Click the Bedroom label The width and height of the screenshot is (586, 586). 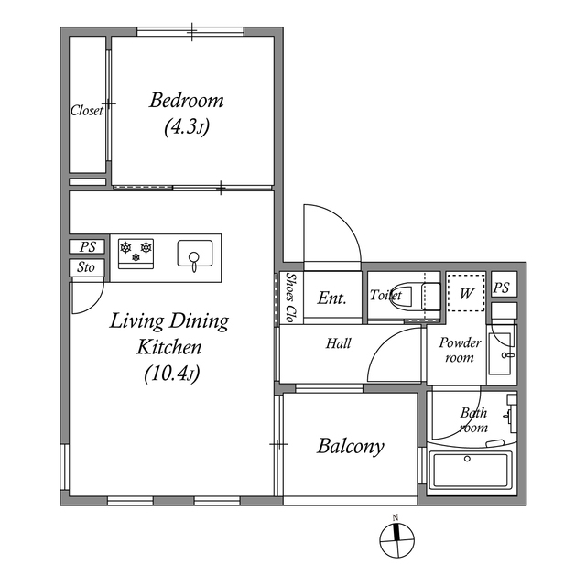(x=187, y=101)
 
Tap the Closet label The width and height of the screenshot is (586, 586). (x=87, y=111)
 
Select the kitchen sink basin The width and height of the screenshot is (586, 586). (x=194, y=253)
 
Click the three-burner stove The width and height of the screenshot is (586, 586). (x=136, y=251)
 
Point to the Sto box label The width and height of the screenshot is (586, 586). (x=87, y=268)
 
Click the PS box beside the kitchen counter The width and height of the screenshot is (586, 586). (x=87, y=246)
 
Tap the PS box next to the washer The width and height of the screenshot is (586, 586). (x=501, y=287)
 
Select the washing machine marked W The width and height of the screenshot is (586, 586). (x=466, y=293)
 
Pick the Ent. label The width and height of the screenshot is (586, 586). (x=331, y=298)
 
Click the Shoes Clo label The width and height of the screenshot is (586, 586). (x=289, y=297)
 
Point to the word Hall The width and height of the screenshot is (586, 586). (x=338, y=344)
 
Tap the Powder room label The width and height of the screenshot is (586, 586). (x=460, y=350)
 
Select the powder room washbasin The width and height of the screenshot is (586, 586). (x=502, y=353)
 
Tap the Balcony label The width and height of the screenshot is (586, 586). (x=350, y=447)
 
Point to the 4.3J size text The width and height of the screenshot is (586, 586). (x=187, y=128)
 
